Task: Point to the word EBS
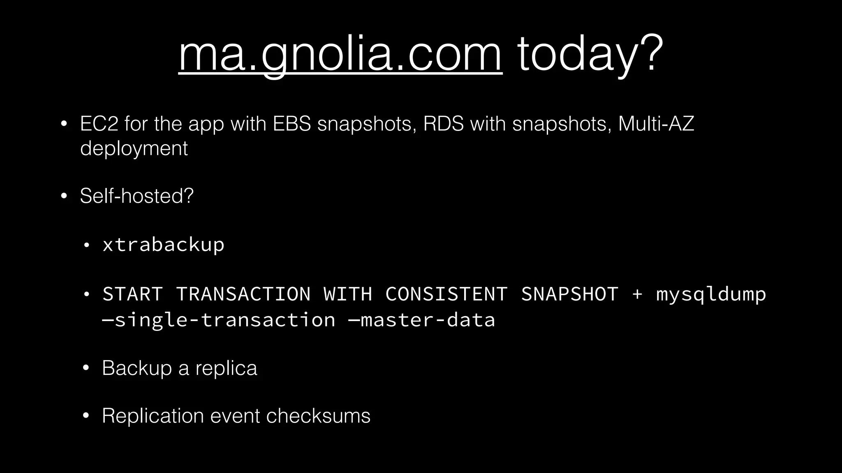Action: point(292,124)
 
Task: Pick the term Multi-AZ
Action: point(656,124)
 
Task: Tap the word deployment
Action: point(134,148)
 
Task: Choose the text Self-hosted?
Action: point(136,196)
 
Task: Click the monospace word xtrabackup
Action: point(163,245)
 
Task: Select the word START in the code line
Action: point(132,294)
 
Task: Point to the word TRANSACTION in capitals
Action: point(243,294)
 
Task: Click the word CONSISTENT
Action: point(446,294)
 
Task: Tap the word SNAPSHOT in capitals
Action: point(569,294)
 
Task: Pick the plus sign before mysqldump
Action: point(637,294)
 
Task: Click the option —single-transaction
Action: point(219,320)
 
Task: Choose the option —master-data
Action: point(421,320)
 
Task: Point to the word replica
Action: point(226,368)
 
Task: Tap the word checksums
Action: point(318,416)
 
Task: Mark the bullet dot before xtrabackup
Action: point(86,246)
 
